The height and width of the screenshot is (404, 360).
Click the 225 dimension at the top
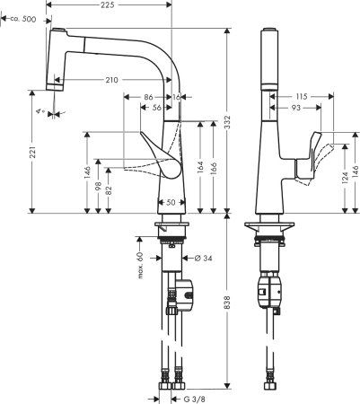point(107,5)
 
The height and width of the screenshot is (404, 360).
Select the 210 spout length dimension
point(111,81)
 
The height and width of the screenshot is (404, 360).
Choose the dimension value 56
point(157,107)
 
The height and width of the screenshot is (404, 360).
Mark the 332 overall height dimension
point(230,119)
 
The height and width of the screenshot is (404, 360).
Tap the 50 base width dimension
point(171,202)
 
